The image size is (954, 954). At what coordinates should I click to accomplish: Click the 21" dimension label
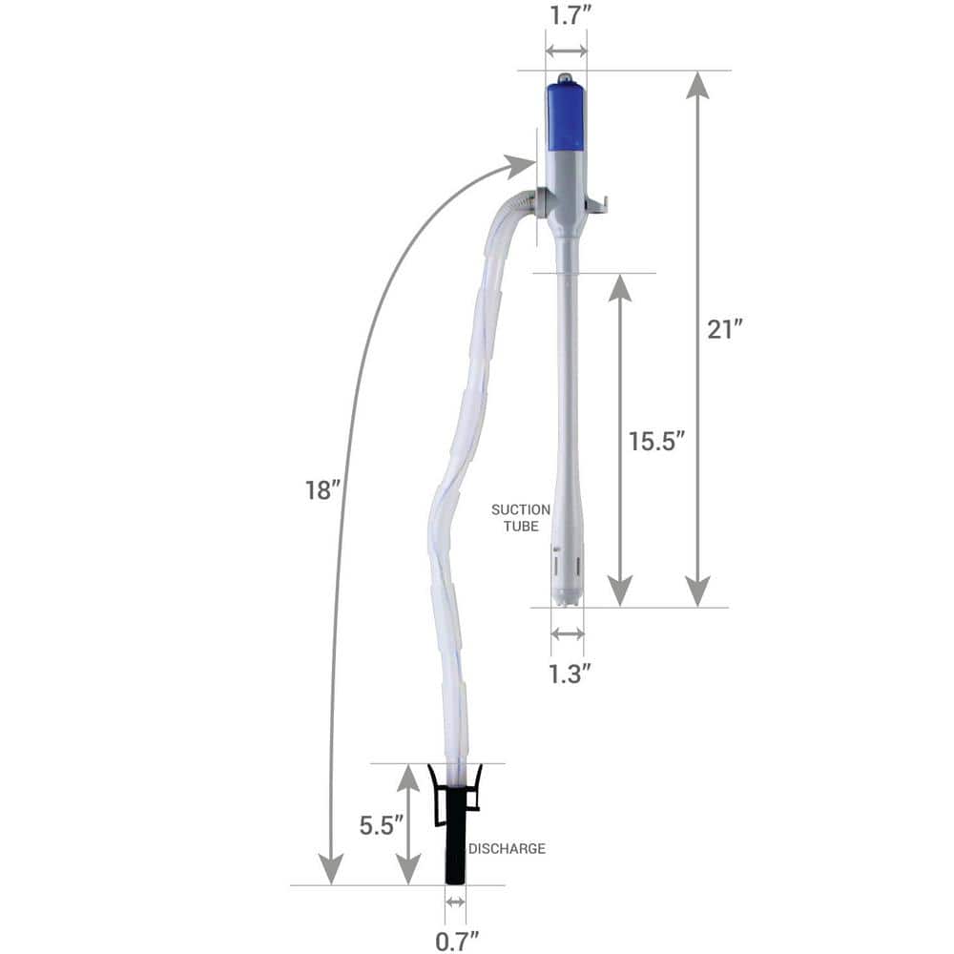click(x=725, y=330)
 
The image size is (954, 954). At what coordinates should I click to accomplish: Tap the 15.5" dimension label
click(x=656, y=441)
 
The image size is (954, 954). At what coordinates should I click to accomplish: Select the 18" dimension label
click(x=322, y=489)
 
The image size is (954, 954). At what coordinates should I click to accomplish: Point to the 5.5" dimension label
click(x=382, y=825)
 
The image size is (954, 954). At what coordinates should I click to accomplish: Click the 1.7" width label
click(x=568, y=16)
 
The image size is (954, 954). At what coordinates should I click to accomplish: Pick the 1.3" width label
click(x=570, y=674)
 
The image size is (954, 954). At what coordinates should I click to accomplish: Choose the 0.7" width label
click(x=457, y=942)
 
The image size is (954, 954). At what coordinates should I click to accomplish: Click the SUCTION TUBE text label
click(x=521, y=518)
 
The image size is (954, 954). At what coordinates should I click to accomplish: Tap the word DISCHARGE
click(x=507, y=849)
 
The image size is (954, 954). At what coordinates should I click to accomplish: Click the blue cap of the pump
click(x=567, y=116)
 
